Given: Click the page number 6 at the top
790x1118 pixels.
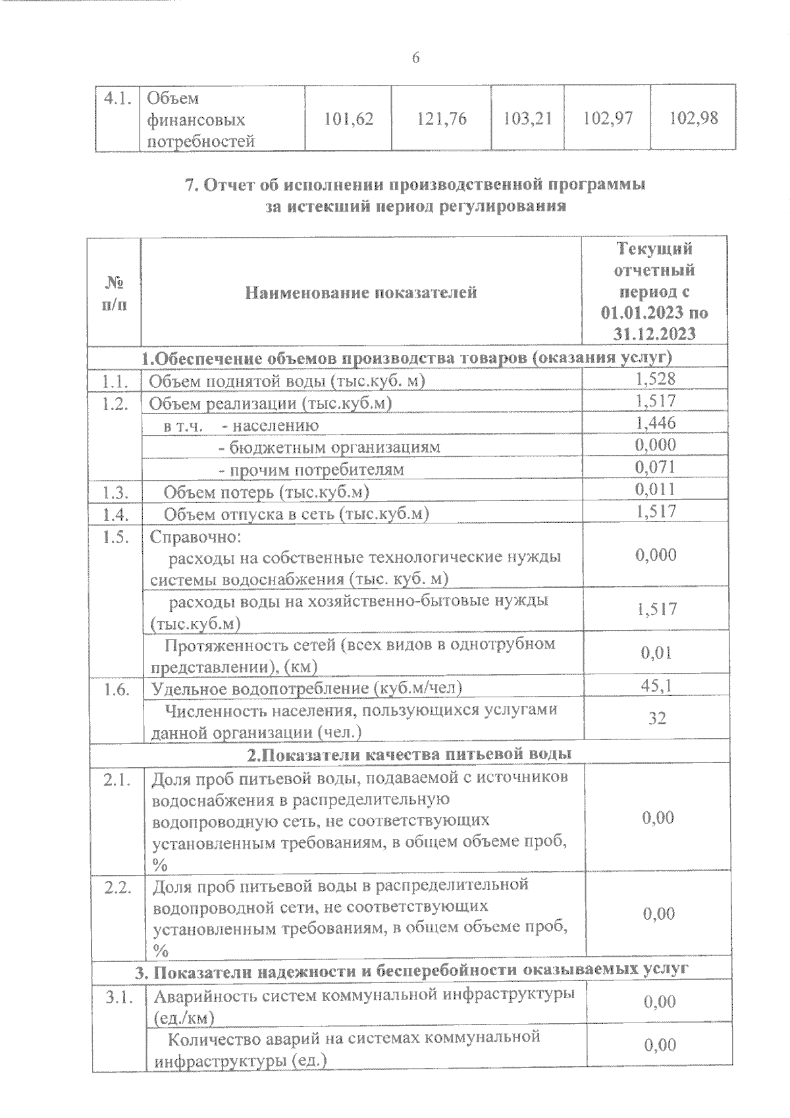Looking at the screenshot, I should click(415, 58).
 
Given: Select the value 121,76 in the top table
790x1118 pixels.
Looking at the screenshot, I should click(442, 119).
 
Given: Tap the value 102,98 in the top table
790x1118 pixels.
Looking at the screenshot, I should click(693, 119).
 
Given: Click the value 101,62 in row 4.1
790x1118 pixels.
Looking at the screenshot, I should click(349, 119).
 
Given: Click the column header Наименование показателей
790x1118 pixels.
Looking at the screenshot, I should click(361, 292).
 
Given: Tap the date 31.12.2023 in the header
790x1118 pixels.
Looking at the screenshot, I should click(654, 334).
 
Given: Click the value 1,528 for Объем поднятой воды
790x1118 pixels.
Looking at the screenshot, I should click(655, 379).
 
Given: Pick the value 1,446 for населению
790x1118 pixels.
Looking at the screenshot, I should click(655, 423).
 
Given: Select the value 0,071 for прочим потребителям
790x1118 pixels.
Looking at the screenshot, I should click(655, 467).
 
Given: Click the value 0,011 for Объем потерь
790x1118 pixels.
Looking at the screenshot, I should click(655, 490).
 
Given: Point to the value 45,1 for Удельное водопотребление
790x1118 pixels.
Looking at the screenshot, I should click(656, 686).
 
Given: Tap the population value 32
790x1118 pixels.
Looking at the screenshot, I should click(657, 718).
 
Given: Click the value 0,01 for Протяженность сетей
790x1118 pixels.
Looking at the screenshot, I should click(656, 652).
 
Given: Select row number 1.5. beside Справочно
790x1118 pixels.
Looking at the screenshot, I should click(116, 537).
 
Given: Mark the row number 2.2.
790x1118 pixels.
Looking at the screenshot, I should click(118, 886).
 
